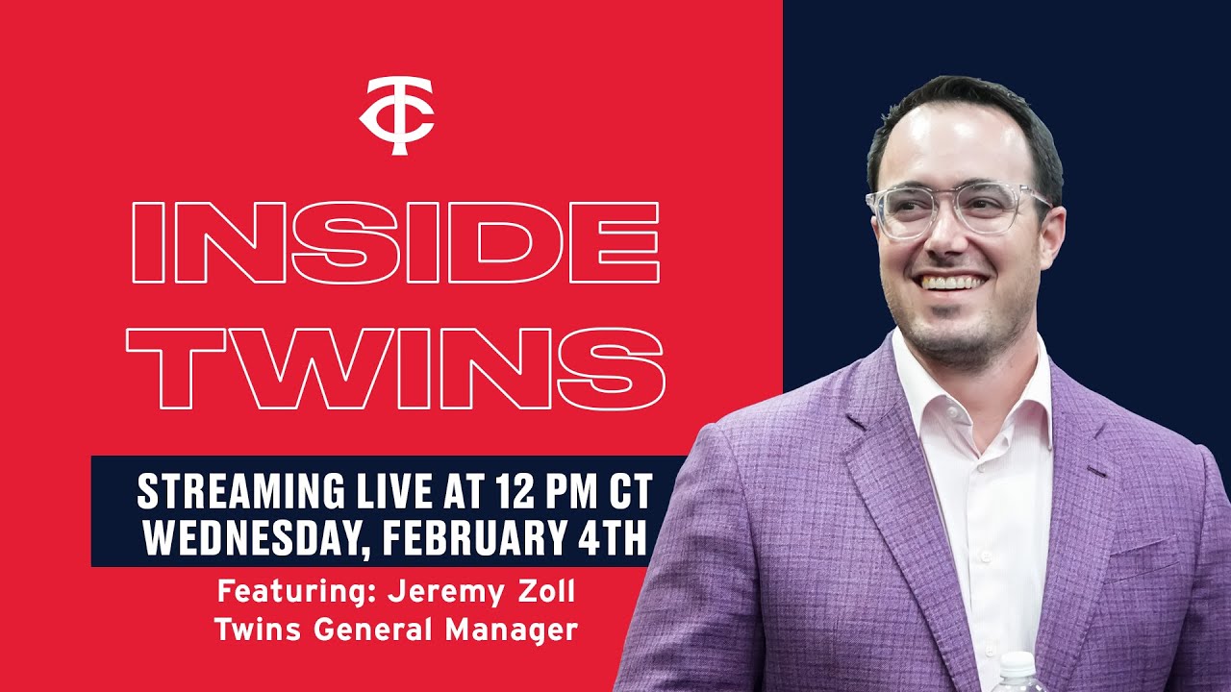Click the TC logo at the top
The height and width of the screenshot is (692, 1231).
(396, 115)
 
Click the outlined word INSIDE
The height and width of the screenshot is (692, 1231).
(394, 243)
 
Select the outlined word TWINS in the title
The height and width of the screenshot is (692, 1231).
(395, 367)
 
